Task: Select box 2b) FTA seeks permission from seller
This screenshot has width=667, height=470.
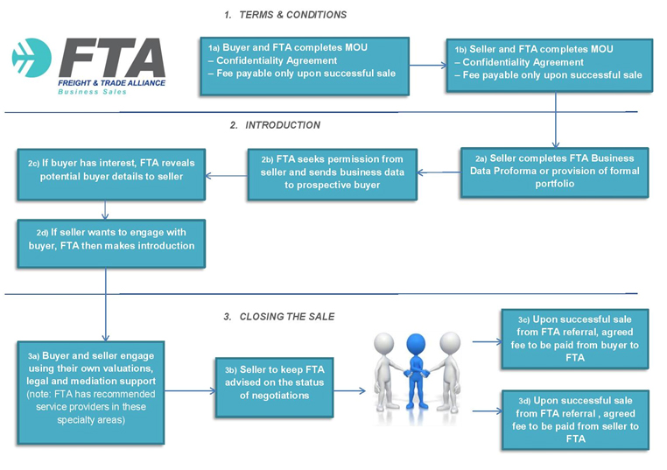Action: [x=332, y=172]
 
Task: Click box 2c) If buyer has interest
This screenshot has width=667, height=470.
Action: [x=110, y=170]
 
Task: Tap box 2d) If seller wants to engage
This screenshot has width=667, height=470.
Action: [x=110, y=240]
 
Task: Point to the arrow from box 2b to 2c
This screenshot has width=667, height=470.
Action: [x=225, y=175]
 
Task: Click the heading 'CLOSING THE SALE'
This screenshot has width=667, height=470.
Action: [x=287, y=316]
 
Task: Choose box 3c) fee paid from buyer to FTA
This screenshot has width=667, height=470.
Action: [x=574, y=339]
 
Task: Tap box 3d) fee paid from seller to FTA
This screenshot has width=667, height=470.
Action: [x=574, y=419]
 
